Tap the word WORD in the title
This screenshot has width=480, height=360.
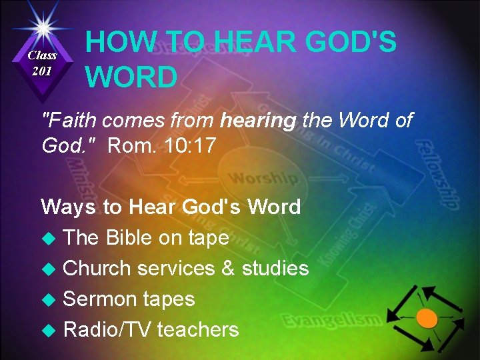point(131,77)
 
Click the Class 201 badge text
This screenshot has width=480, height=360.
point(42,63)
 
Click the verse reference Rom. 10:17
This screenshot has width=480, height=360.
point(161,145)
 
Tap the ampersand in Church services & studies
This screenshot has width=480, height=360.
point(227,269)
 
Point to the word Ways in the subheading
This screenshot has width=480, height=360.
point(68,207)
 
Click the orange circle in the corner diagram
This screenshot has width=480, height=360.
point(427,318)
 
